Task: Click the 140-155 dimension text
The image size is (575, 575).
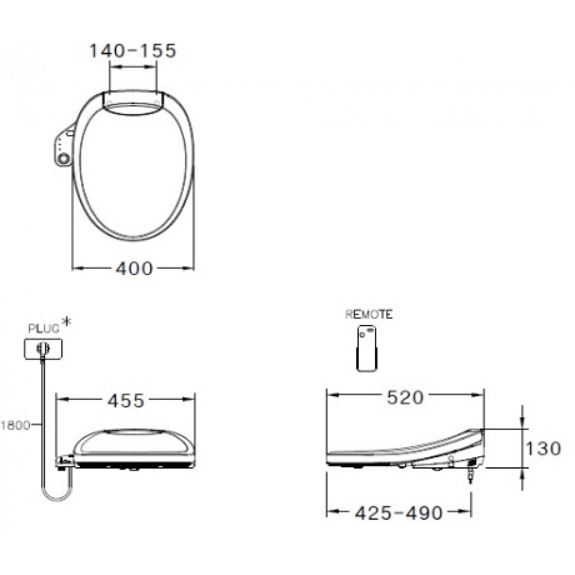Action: [x=131, y=51]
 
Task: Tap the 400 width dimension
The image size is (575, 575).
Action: [x=134, y=269]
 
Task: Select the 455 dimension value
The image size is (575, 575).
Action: [x=126, y=401]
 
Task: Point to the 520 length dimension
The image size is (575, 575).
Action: [x=405, y=398]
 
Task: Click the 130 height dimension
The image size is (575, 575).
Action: [x=543, y=448]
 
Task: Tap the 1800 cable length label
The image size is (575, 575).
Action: [x=16, y=424]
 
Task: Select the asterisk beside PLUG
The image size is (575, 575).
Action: [x=65, y=322]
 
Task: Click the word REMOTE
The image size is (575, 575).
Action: [x=369, y=315]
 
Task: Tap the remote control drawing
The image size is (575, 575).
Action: [x=368, y=348]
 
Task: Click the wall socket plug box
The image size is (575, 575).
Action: [x=43, y=348]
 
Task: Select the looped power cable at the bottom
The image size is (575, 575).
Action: [x=55, y=493]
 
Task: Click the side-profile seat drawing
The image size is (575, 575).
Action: [x=406, y=451]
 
